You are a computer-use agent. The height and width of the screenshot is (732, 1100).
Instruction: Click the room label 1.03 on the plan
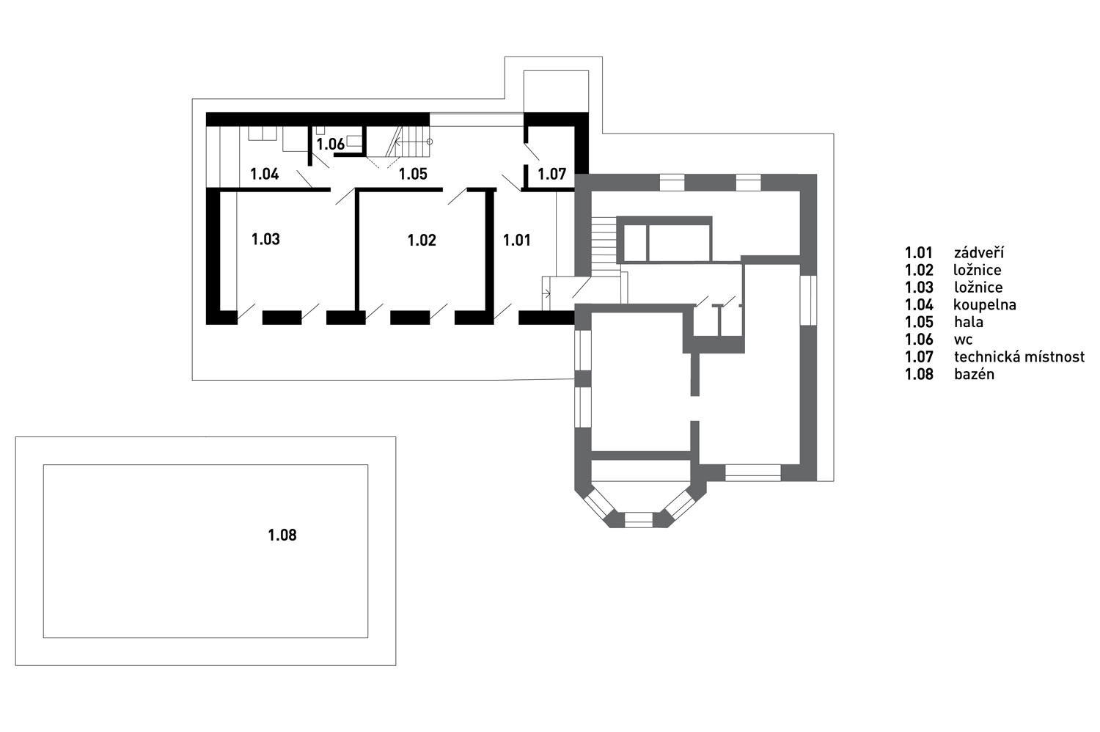[265, 239]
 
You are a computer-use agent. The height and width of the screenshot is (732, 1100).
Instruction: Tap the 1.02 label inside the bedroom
[422, 241]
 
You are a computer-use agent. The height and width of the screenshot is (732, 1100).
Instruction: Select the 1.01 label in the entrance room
[516, 241]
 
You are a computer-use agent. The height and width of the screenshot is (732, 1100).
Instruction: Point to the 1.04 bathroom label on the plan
[265, 174]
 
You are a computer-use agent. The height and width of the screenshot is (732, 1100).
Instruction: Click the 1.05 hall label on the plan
[413, 174]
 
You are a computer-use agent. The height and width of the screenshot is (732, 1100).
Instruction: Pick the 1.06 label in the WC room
[331, 144]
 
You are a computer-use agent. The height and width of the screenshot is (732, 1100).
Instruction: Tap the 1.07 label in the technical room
[552, 174]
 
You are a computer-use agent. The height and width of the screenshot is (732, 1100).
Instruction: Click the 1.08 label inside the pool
[282, 535]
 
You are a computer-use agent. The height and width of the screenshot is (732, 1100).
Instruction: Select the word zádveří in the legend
[979, 252]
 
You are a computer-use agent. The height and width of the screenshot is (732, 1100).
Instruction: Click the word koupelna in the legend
[985, 305]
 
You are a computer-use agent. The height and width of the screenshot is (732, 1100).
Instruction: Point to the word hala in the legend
[969, 322]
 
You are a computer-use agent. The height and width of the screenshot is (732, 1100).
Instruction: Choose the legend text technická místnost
[1019, 356]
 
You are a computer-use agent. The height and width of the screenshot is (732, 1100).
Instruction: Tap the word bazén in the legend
[975, 374]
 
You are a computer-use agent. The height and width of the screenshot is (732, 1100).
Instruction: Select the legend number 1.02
[919, 270]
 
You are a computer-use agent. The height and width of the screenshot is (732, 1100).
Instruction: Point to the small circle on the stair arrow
[429, 142]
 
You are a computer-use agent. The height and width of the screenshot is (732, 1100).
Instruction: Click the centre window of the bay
[639, 520]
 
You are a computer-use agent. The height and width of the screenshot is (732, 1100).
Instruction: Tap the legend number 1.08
[919, 374]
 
